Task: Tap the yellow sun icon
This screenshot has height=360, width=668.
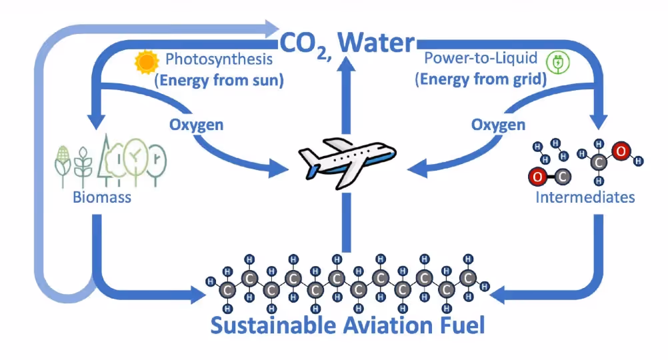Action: tap(145, 63)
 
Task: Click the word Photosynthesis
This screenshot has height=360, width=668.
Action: tap(219, 60)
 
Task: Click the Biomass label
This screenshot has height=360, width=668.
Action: tap(103, 198)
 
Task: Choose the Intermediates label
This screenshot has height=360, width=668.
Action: tap(585, 197)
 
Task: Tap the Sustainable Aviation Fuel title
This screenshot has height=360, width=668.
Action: tap(347, 326)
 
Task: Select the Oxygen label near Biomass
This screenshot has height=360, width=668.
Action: tap(196, 125)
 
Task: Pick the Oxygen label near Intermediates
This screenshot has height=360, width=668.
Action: tap(498, 125)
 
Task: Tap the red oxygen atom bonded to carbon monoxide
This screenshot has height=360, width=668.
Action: tap(537, 177)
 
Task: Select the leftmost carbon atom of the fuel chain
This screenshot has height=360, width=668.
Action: tap(228, 290)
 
